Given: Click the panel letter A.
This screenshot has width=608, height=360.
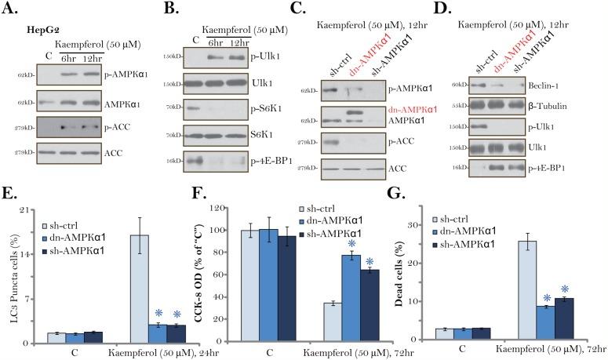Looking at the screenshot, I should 12,9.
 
